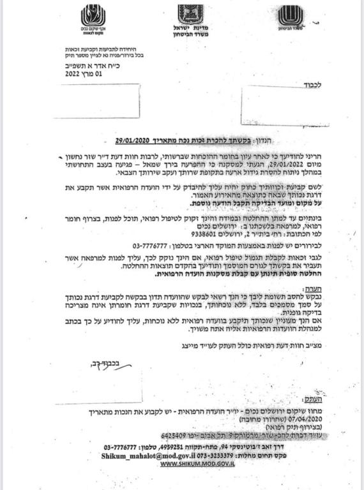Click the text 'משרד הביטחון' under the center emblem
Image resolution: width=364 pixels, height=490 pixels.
[x=190, y=36]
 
